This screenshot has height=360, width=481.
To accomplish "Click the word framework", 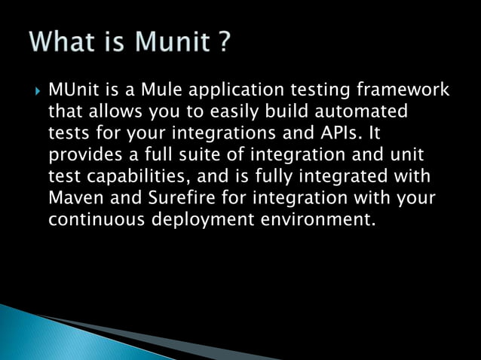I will (x=406, y=91).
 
